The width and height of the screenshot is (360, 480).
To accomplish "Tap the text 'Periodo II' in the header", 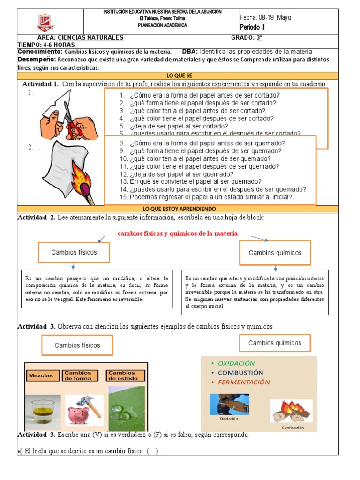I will [x=252, y=27].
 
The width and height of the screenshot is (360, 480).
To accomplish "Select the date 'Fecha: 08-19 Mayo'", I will [x=265, y=17].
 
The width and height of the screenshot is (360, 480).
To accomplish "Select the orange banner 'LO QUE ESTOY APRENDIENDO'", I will [x=179, y=209].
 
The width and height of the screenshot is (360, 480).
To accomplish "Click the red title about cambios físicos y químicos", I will [x=178, y=233].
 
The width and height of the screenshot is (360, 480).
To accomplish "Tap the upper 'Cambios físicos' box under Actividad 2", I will [x=74, y=252].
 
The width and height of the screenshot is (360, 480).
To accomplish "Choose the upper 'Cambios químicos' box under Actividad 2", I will [x=275, y=253].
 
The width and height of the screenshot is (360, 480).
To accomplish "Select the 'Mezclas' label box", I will [x=43, y=375].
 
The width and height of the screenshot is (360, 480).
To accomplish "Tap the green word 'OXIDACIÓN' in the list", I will [x=233, y=363].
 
